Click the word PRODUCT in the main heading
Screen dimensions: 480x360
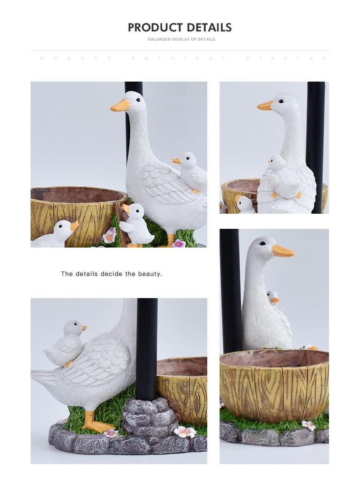(x=155, y=28)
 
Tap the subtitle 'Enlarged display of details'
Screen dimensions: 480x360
(x=181, y=39)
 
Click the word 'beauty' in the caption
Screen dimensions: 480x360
(x=150, y=274)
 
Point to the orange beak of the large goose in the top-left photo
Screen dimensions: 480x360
(x=120, y=105)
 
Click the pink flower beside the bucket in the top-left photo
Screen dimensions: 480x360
(x=110, y=235)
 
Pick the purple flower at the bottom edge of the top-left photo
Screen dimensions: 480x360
(x=179, y=243)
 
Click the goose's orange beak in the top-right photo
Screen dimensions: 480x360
(x=265, y=105)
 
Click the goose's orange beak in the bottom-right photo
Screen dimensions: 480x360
(x=283, y=251)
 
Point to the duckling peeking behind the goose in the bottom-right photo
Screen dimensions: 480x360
(x=273, y=298)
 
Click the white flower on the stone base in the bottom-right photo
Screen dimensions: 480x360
(x=308, y=425)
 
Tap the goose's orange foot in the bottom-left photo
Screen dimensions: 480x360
(x=96, y=424)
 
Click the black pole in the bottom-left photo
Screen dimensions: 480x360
(x=147, y=347)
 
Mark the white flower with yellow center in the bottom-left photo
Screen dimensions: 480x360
(x=184, y=432)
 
